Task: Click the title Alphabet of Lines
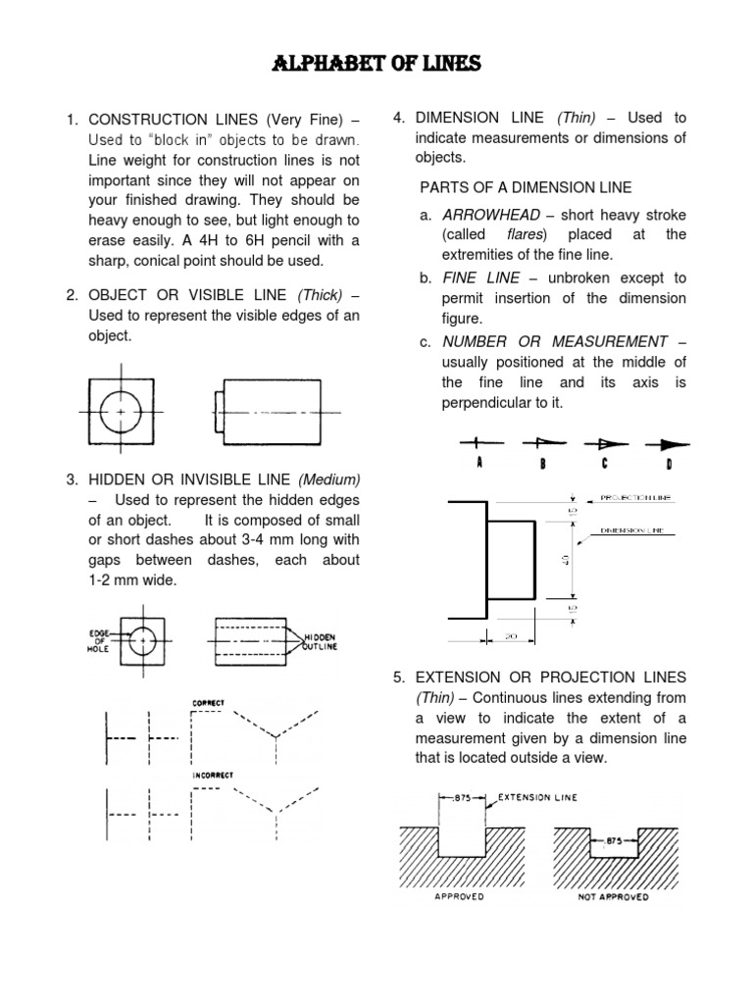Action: tap(376, 65)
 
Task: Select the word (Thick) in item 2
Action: tap(322, 295)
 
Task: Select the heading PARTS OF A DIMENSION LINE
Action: tap(526, 187)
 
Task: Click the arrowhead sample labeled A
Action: tap(477, 442)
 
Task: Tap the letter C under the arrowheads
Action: tap(606, 464)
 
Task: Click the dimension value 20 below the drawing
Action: tap(510, 636)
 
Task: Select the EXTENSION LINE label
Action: tap(538, 797)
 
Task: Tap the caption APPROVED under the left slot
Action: tap(459, 897)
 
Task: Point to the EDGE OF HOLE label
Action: tap(98, 640)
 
